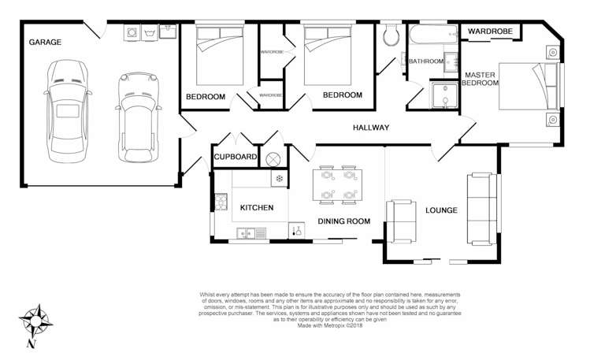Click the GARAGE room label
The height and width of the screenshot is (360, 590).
tap(45, 41)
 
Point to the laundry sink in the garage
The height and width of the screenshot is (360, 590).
tap(168, 32)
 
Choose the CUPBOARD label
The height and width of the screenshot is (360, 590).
tap(236, 158)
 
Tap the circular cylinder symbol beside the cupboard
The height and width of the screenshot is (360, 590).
tap(273, 158)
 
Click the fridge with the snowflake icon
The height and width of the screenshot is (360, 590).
tap(278, 180)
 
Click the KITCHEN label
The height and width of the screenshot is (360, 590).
tap(256, 208)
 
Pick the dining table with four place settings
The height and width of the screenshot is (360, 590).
tap(339, 185)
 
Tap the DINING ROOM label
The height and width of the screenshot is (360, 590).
tap(343, 222)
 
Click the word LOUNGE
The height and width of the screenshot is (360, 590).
tap(441, 211)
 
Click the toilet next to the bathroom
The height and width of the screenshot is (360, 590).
tap(389, 35)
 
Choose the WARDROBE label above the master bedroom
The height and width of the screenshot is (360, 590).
tap(490, 32)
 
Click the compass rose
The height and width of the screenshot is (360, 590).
tap(35, 323)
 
